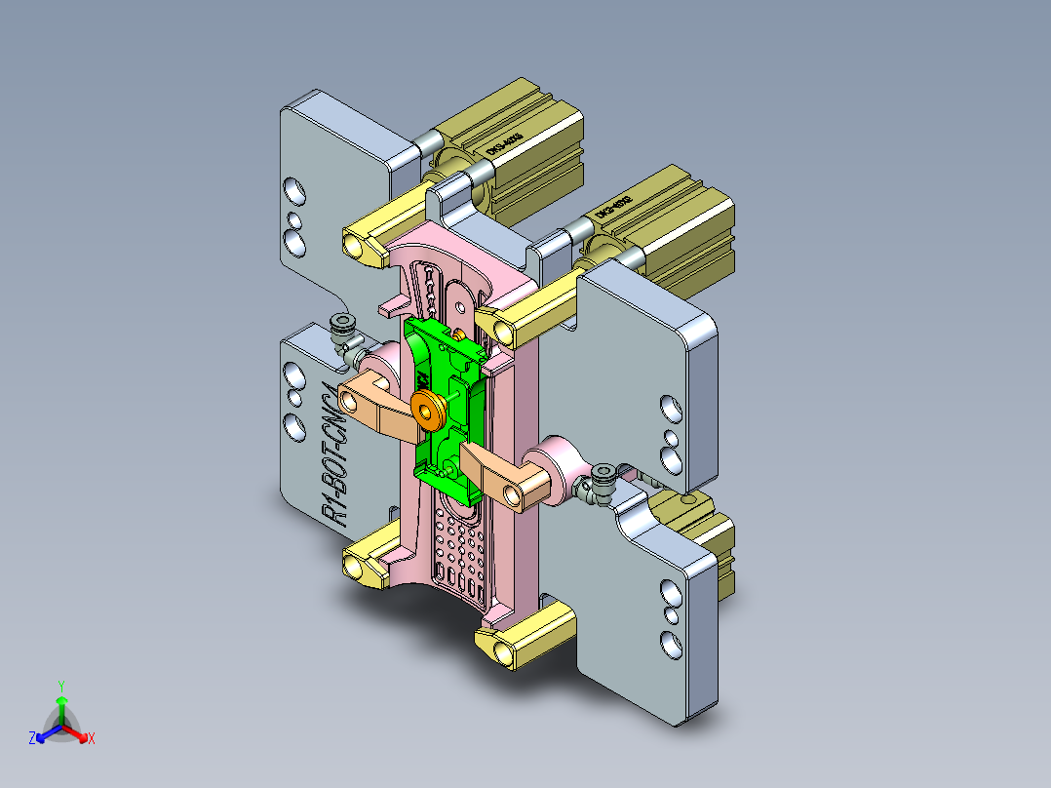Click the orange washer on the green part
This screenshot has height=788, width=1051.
click(426, 410)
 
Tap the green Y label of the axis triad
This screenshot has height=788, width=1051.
click(60, 685)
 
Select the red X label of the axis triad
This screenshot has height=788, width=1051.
click(92, 739)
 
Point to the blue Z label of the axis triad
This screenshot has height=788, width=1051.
click(31, 739)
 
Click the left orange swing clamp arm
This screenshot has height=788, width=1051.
click(375, 403)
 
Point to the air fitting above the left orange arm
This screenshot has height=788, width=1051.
click(342, 332)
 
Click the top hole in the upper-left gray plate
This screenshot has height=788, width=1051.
click(293, 189)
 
